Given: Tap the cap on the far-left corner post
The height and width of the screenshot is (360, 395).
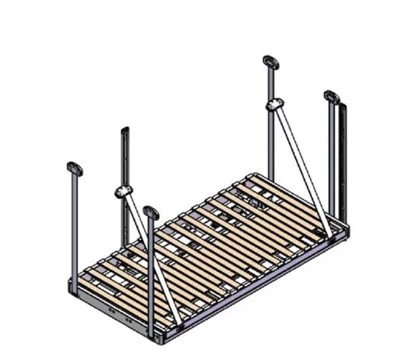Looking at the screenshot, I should (x=75, y=167).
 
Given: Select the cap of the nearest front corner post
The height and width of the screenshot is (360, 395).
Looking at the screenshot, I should (x=150, y=211).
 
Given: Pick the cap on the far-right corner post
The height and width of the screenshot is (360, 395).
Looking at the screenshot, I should (x=331, y=97).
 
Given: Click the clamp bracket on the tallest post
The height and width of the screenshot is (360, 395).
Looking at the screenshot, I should (x=274, y=104).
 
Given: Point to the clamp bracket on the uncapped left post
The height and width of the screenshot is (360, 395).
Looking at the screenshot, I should (x=124, y=192).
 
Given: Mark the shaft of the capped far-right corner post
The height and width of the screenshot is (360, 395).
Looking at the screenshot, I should (x=330, y=156).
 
